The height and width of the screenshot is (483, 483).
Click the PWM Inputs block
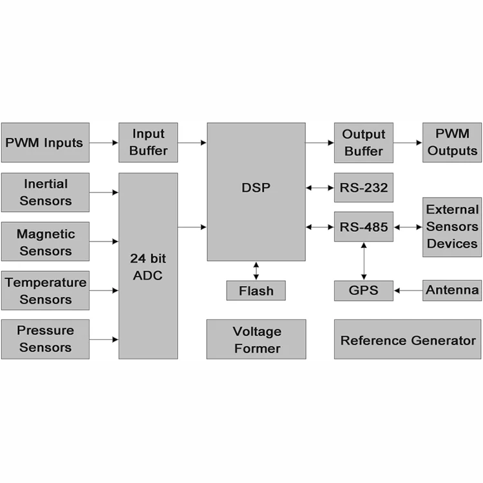point(44,142)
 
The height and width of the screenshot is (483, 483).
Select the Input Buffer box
point(148,142)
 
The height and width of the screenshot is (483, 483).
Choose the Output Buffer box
point(363,142)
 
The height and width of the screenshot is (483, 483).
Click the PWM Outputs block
point(452,142)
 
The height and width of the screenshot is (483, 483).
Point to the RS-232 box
point(363,188)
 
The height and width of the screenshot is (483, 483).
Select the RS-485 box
point(363,227)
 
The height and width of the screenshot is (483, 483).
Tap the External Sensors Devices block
point(452,227)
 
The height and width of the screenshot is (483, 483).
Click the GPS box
point(363,290)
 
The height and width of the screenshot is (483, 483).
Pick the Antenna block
point(452,290)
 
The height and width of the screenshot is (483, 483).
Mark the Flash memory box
point(256,290)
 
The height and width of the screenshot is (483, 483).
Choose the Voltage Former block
point(256,339)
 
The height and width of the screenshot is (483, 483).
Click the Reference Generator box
point(408,339)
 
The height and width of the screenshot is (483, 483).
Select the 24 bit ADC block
point(148,265)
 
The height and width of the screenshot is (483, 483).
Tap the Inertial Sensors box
point(45,192)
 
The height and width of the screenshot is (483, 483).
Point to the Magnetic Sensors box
point(45,241)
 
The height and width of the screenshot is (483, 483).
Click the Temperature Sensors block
point(45,290)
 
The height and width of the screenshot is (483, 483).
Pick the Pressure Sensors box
point(45,339)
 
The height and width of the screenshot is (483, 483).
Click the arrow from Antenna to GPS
point(408,290)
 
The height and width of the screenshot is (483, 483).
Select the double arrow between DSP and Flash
point(256,271)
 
